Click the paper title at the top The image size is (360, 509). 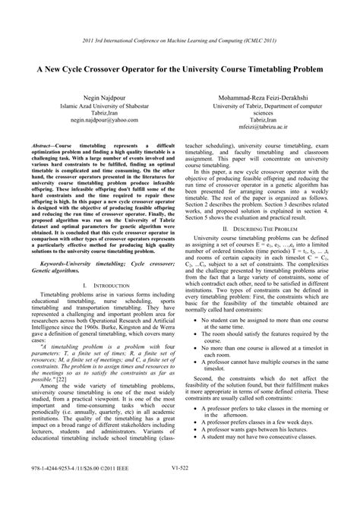tap(179, 68)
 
